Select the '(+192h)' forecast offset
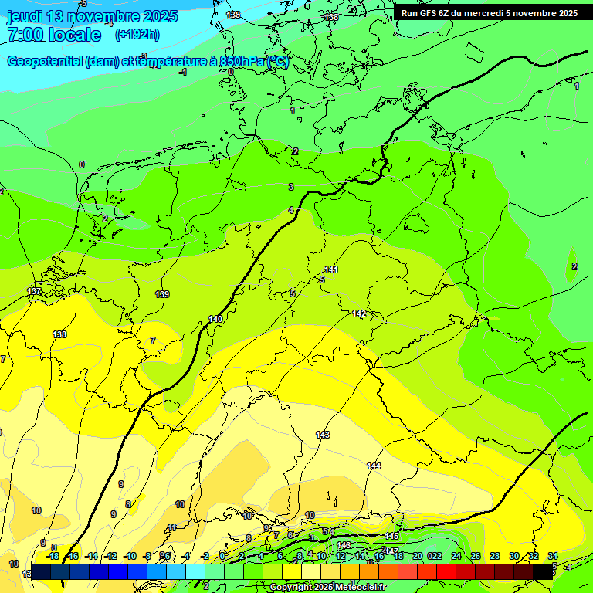137,34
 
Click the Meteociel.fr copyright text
327,587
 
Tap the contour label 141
331,269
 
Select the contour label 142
359,313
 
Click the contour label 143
323,435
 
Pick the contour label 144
374,465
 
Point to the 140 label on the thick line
215,319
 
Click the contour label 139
162,294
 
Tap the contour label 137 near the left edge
34,291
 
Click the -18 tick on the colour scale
53,556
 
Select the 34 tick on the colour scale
553,556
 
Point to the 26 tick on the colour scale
475,556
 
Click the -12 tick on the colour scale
110,556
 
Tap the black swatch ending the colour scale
543,571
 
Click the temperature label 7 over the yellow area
153,340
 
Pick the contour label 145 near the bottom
391,536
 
